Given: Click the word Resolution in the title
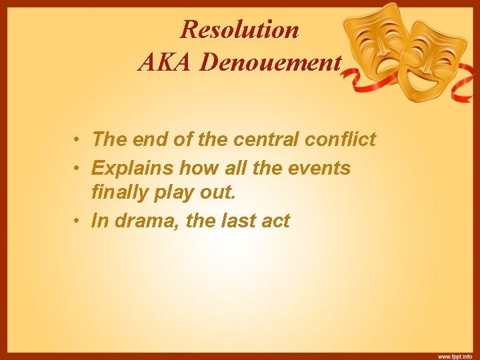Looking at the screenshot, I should pyautogui.click(x=240, y=29).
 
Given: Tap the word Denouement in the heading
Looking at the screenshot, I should pyautogui.click(x=271, y=62).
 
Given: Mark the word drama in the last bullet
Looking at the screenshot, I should pyautogui.click(x=140, y=221).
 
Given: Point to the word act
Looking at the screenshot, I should pyautogui.click(x=276, y=221).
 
